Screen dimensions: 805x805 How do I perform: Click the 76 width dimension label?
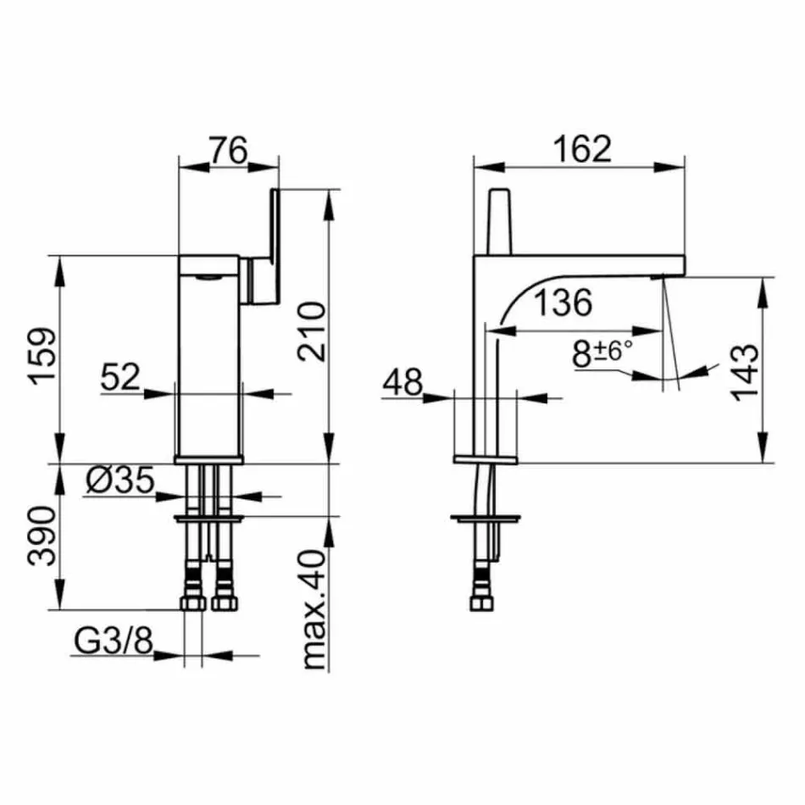click(227, 150)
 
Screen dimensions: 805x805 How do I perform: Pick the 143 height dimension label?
click(742, 373)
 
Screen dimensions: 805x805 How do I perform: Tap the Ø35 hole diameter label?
click(119, 481)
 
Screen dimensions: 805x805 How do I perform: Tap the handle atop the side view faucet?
click(500, 219)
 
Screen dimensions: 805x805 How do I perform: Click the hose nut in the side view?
click(483, 602)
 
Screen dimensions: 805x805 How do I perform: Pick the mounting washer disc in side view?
click(482, 517)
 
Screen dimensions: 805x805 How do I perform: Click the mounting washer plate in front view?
click(208, 517)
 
